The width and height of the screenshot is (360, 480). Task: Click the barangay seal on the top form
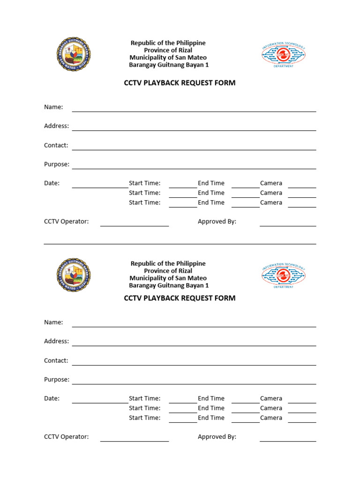[74, 54]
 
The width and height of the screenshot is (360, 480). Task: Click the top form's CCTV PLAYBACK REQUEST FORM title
[180, 83]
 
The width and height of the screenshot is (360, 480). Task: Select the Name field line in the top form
[194, 112]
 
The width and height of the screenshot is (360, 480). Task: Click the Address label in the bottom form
[56, 341]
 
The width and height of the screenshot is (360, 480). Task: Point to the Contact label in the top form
[56, 145]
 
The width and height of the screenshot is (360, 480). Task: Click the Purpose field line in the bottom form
[194, 384]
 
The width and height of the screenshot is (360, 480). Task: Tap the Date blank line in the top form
[100, 187]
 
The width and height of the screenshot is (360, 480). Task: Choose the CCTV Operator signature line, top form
[135, 226]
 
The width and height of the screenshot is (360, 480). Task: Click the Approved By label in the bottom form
[217, 436]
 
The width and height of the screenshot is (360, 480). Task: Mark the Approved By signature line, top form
[288, 226]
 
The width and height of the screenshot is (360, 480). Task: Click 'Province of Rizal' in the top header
[168, 50]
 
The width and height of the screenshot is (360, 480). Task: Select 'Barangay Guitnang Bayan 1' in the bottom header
[169, 285]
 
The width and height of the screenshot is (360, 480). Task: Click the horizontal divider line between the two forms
[180, 244]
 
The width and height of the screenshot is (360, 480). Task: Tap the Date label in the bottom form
[52, 398]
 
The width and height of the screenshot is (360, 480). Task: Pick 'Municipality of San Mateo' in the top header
[168, 58]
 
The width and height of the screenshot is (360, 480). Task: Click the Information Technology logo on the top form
[283, 55]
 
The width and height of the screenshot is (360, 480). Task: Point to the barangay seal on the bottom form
[74, 275]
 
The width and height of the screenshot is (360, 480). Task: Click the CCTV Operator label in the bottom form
[66, 436]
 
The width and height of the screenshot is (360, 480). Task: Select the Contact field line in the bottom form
[194, 365]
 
